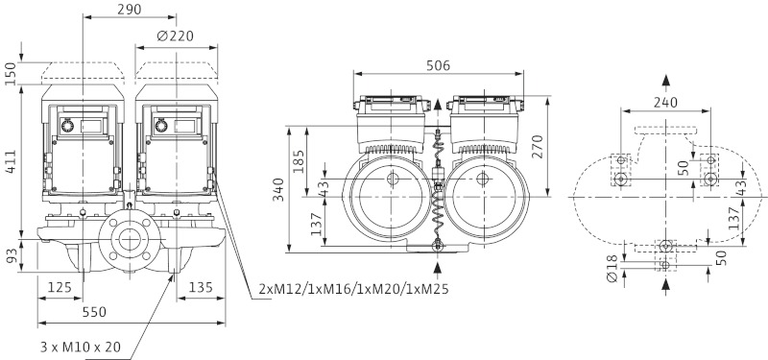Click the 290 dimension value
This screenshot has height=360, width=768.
(x=130, y=10)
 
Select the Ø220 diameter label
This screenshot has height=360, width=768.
(x=176, y=36)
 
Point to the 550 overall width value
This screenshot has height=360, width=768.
(x=94, y=312)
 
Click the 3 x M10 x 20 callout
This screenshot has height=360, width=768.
(x=81, y=348)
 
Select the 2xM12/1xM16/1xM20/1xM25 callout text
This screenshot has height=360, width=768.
(x=353, y=289)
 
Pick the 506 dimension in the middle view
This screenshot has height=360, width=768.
(x=438, y=65)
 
